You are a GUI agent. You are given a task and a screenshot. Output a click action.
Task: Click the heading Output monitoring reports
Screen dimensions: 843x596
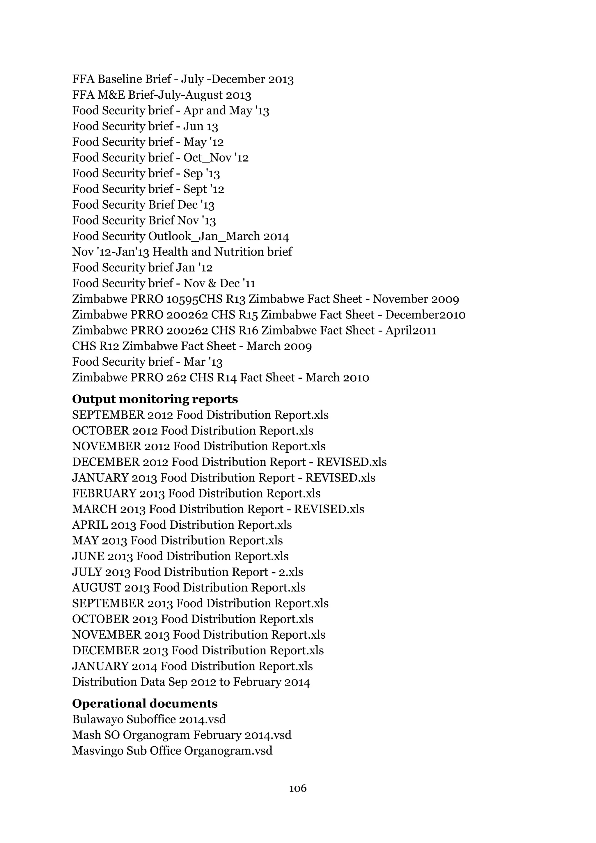pos(155,399)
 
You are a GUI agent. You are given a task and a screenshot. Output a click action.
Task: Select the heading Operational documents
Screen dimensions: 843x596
pos(145,704)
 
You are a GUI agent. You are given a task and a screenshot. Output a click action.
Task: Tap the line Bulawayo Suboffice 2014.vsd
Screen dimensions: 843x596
pos(149,719)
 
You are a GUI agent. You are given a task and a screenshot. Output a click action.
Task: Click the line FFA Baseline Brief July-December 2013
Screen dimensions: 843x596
pos(183,79)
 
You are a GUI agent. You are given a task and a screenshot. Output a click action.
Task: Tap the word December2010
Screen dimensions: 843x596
pos(425,315)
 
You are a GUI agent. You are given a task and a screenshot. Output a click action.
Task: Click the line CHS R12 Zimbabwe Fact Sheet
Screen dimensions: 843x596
pos(191,346)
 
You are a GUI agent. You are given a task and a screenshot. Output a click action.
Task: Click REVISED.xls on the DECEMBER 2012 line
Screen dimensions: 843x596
pos(351,462)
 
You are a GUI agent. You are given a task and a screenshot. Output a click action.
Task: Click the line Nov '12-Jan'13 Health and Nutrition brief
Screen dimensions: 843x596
pos(182,252)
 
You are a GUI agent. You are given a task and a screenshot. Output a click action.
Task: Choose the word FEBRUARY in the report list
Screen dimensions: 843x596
pos(104,493)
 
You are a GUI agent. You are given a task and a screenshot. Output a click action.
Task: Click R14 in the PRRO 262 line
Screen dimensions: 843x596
pos(226,378)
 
